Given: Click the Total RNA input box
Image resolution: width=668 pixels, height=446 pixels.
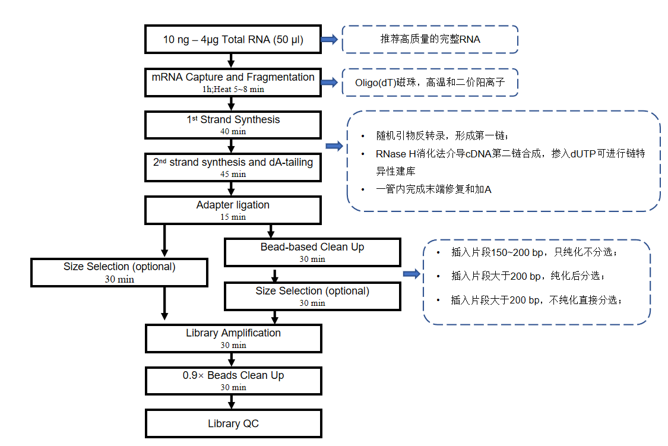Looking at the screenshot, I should (233, 40).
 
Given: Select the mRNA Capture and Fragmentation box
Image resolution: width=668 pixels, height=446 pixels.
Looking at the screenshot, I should (233, 82).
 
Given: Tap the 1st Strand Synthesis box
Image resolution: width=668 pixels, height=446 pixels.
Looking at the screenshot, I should (233, 124).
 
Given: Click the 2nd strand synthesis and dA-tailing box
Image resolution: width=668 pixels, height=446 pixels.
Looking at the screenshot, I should (233, 167).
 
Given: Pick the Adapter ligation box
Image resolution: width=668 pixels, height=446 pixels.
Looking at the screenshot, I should (233, 210).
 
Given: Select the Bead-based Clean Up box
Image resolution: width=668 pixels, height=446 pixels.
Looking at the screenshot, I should (312, 252).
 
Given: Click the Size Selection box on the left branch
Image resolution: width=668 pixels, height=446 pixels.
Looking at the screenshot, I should (119, 272).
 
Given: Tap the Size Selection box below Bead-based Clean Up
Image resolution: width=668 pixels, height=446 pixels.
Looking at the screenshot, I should (312, 296).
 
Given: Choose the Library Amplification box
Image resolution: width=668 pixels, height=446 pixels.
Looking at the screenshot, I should (233, 338).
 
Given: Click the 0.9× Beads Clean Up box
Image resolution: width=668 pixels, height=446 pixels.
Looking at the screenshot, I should (233, 380).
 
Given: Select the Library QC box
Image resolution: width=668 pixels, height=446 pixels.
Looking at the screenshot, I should (233, 424).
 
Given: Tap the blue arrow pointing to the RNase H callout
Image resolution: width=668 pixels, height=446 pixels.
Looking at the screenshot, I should (334, 146).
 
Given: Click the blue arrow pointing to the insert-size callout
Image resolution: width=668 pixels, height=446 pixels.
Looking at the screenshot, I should (411, 274).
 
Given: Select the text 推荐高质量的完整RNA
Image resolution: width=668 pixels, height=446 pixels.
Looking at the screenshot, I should (430, 40).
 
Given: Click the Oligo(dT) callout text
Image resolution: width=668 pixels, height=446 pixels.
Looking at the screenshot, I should (430, 83).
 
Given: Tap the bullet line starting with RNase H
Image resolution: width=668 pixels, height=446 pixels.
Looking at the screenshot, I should (509, 153).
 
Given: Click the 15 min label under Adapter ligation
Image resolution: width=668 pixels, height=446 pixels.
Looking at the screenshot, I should (233, 217).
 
